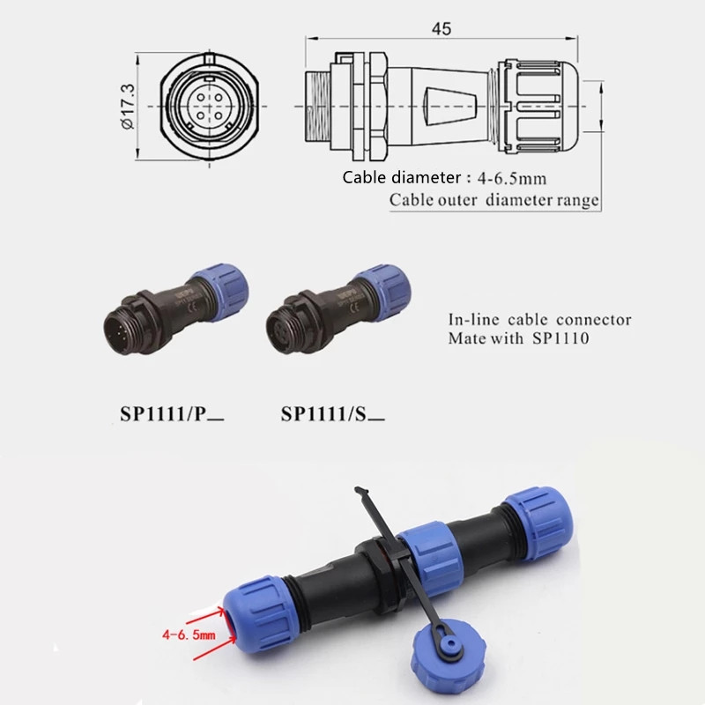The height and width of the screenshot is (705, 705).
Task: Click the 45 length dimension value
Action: (x=442, y=29)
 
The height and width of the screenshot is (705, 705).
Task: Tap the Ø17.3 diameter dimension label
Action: (x=128, y=107)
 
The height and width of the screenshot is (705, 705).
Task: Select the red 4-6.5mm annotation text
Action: (x=189, y=634)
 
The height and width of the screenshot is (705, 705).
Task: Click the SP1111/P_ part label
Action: (x=172, y=413)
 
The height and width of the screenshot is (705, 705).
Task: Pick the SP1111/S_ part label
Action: (x=333, y=413)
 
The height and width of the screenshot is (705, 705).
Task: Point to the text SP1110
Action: (x=560, y=338)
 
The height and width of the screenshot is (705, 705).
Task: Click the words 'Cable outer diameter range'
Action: (x=494, y=200)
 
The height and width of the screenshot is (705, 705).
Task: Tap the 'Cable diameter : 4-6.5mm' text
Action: (x=444, y=178)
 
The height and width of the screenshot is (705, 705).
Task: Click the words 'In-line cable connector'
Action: (x=539, y=320)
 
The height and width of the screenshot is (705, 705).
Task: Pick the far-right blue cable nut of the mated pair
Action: (x=538, y=523)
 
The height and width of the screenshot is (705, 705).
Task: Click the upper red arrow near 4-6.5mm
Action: (x=205, y=616)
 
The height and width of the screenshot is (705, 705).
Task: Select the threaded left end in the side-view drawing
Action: (x=318, y=107)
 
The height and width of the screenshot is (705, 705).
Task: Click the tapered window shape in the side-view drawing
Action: (x=450, y=107)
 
